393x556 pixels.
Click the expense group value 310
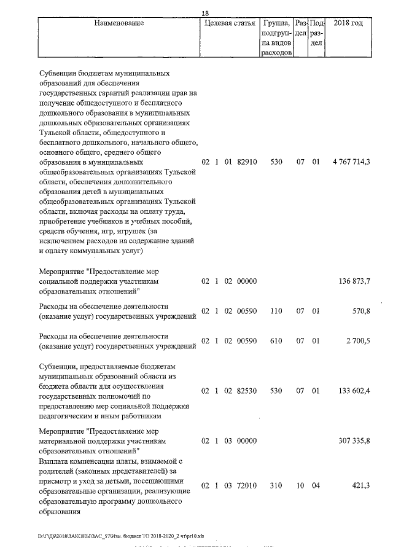[x=276, y=485]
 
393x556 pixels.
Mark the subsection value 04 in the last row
[x=316, y=485]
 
